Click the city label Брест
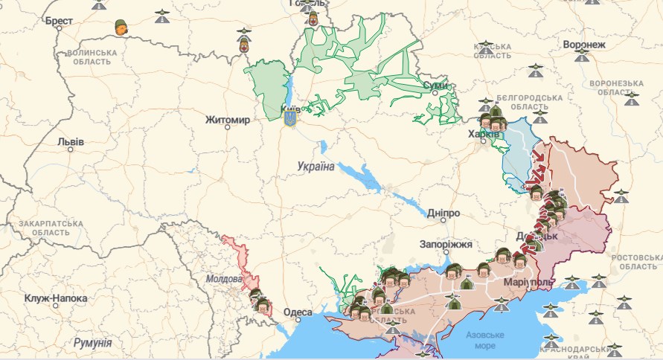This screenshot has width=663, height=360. pos(58,22)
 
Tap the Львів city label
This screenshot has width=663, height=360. pos(71,142)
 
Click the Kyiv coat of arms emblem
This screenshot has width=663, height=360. pos(289,117)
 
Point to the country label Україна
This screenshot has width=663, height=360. pos(315,166)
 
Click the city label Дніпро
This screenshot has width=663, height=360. pos(443,213)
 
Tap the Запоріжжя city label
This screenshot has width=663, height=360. pos(446,244)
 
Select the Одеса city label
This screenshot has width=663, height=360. pos(298,312)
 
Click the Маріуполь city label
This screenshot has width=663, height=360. pos(528,283)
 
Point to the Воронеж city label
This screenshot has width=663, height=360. pos(584,45)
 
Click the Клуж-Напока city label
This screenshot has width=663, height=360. pos(55,298)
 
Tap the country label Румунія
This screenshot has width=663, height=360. pos(92,343)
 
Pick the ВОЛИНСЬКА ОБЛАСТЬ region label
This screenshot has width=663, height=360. pos(92,58)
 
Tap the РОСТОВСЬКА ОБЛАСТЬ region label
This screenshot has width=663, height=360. pos(635,262)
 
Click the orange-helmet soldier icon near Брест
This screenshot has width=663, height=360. pos(120,28)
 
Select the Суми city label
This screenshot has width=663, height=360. pos(435,86)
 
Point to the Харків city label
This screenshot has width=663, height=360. pos(483,135)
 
